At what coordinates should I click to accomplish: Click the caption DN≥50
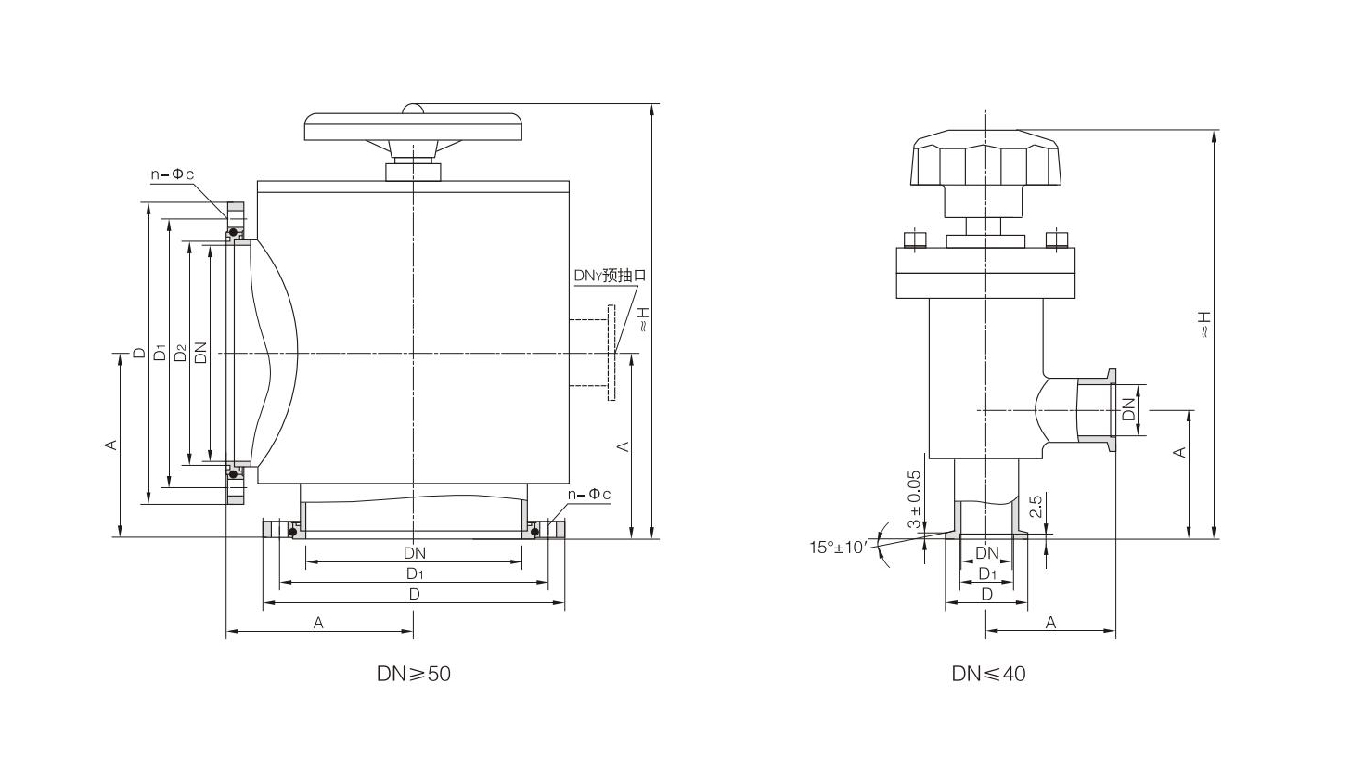click(413, 674)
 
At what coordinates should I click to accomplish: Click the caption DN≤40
click(988, 674)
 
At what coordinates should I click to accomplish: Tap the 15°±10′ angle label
click(837, 547)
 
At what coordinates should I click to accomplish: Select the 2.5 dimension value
click(1036, 506)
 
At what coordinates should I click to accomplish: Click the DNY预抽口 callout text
click(609, 275)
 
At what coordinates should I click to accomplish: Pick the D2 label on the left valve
click(181, 353)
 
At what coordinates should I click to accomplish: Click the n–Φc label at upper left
click(173, 174)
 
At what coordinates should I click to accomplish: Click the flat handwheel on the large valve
click(413, 127)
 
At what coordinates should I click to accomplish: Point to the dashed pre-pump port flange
click(611, 353)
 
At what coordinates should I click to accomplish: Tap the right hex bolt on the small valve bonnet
click(1057, 239)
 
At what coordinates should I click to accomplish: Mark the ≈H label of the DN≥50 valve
click(642, 321)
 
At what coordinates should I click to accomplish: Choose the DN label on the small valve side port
click(1128, 409)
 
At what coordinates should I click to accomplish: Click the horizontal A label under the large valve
click(318, 624)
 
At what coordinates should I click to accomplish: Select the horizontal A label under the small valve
click(1050, 623)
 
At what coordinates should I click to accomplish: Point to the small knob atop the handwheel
click(413, 109)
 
